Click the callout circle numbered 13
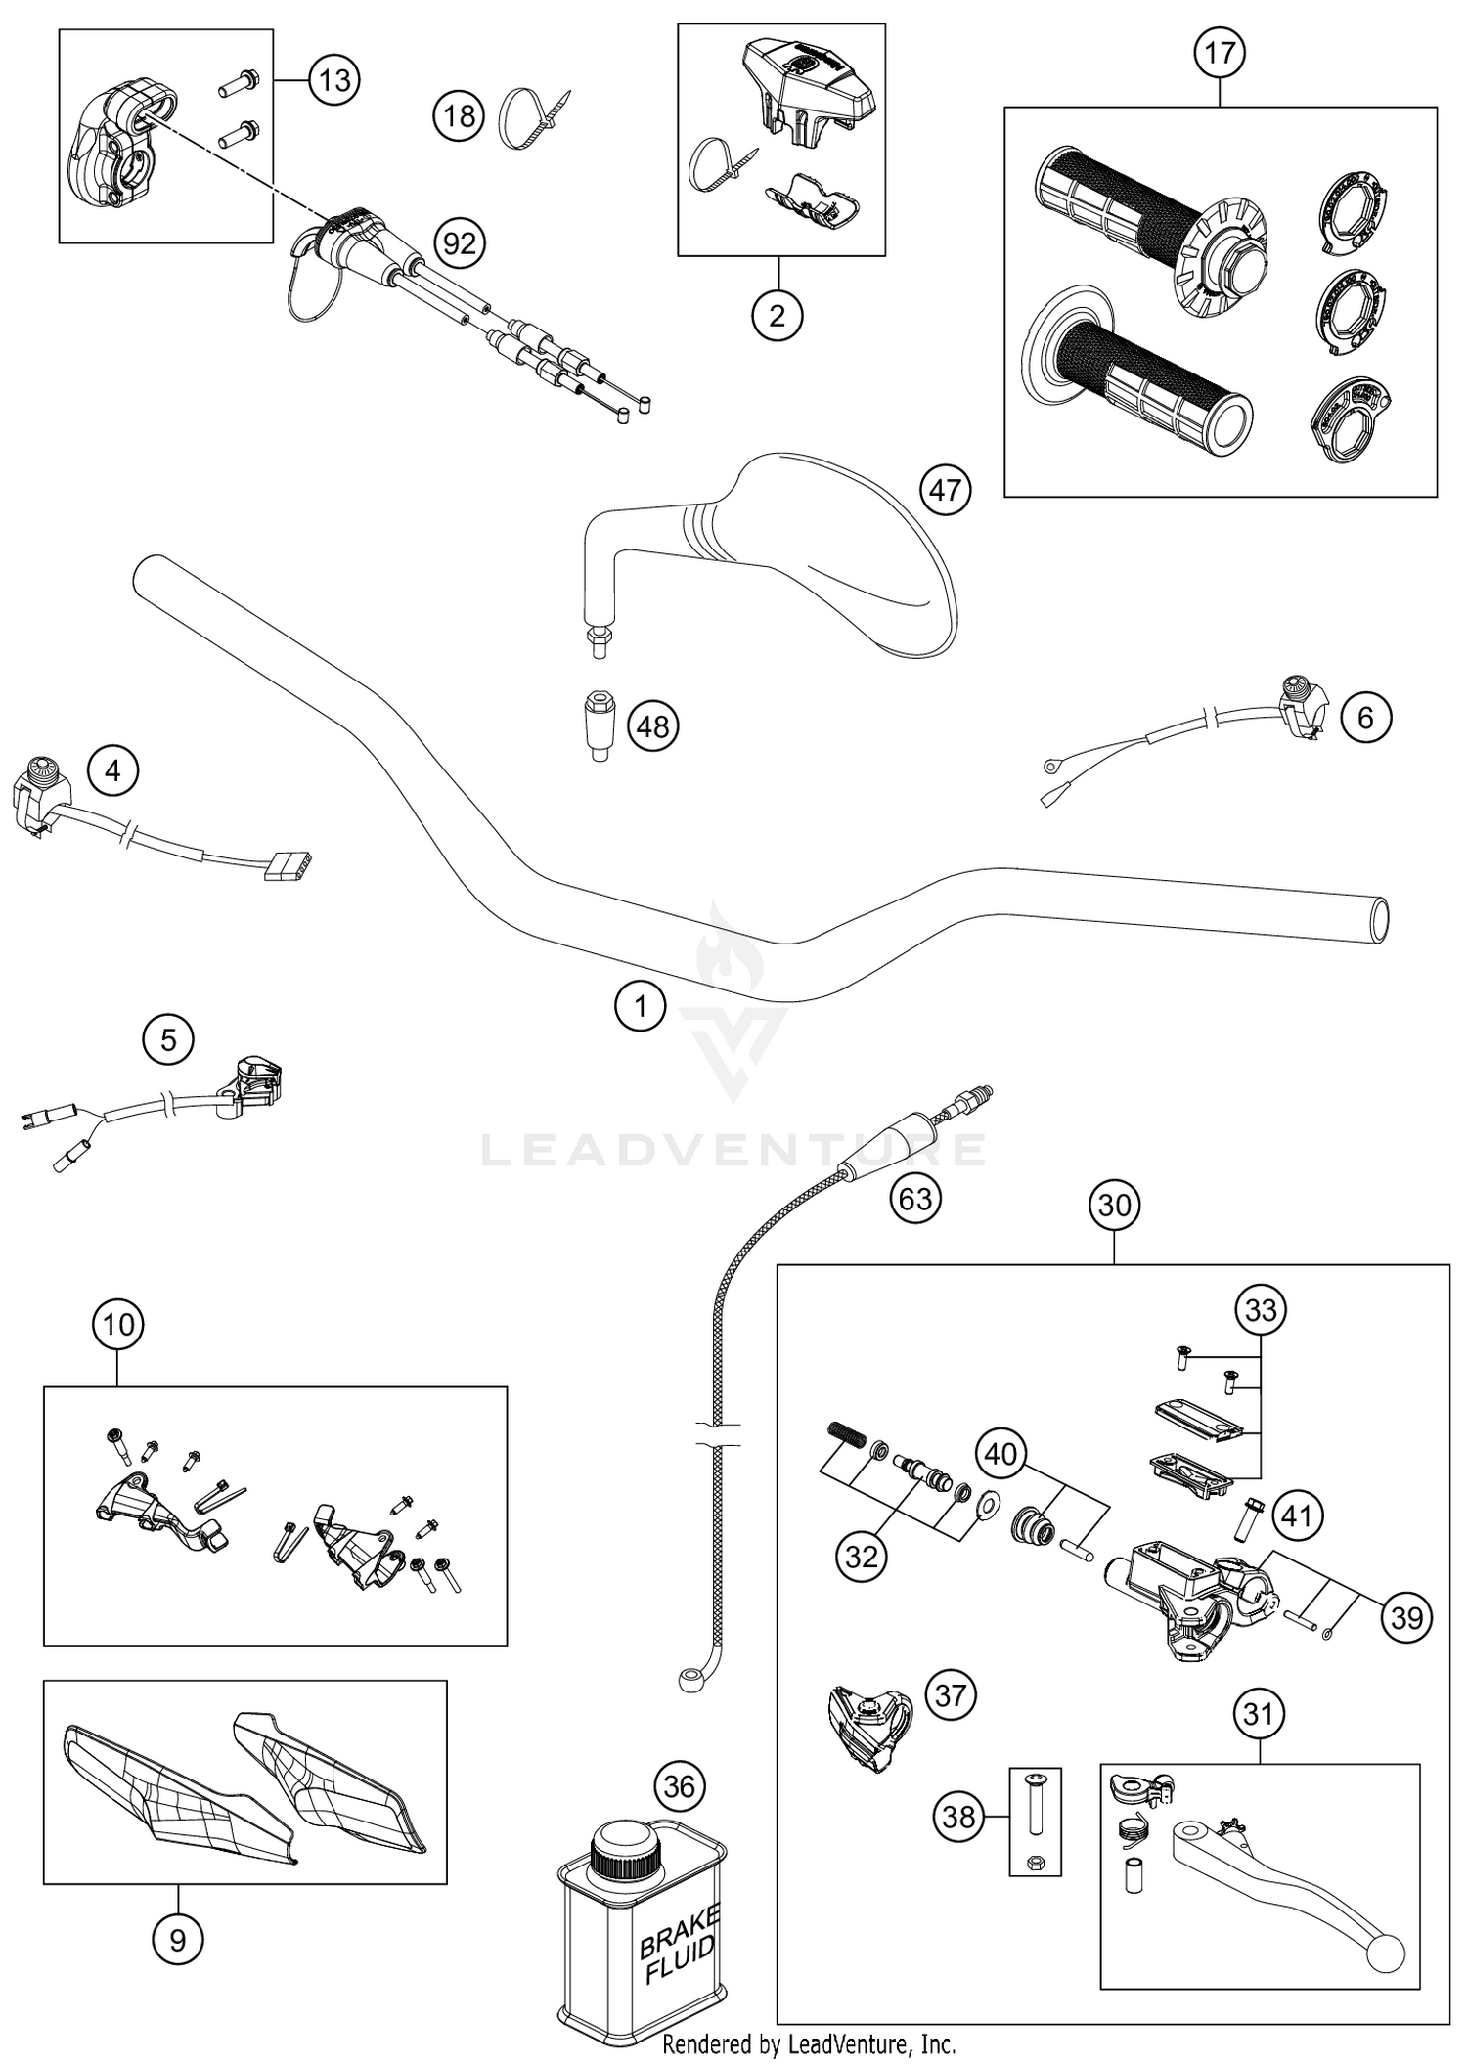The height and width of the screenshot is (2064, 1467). pyautogui.click(x=334, y=79)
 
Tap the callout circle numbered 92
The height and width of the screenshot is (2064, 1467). pyautogui.click(x=460, y=242)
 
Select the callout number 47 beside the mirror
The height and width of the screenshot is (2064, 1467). pyautogui.click(x=945, y=489)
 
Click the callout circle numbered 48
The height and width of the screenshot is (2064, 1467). pyautogui.click(x=653, y=725)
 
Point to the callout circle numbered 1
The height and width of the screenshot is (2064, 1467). pyautogui.click(x=641, y=1005)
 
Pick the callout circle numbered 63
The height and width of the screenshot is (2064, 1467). pyautogui.click(x=915, y=1198)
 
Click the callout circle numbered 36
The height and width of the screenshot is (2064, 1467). pyautogui.click(x=679, y=1787)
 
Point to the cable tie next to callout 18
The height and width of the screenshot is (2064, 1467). pyautogui.click(x=533, y=120)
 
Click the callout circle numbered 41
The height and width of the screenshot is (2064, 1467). pyautogui.click(x=1296, y=1516)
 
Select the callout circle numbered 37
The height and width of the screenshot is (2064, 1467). pyautogui.click(x=950, y=1694)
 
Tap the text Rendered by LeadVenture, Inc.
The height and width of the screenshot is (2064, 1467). pyautogui.click(x=809, y=2043)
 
